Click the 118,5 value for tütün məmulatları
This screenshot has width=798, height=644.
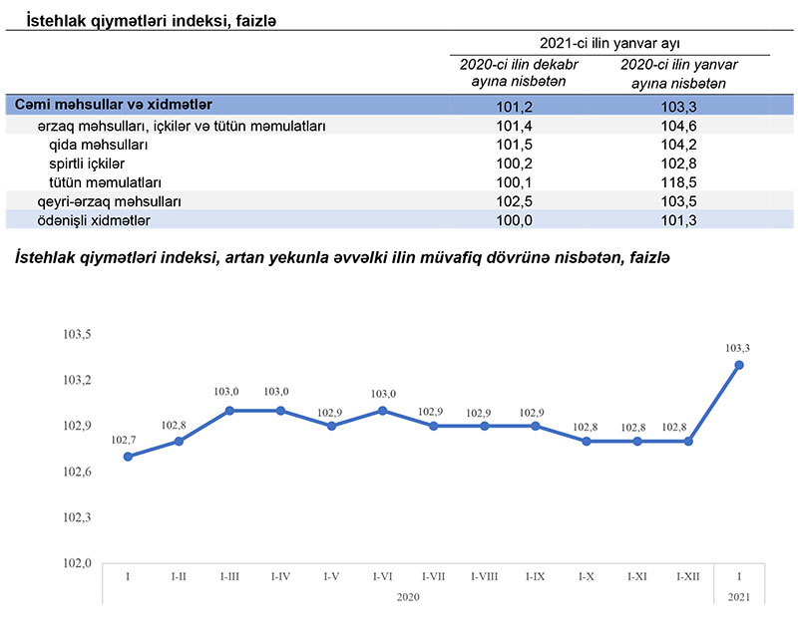(677, 183)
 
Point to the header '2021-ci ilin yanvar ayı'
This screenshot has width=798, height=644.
(609, 43)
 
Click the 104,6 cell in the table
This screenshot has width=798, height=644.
(677, 127)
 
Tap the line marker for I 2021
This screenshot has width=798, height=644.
(738, 365)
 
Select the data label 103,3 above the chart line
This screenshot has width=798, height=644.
(738, 348)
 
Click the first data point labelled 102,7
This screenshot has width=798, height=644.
(128, 457)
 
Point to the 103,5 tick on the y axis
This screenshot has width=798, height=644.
(77, 334)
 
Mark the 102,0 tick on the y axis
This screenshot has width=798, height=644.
(77, 563)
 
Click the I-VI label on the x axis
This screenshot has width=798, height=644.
(383, 576)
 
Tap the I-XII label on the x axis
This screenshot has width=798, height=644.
(688, 576)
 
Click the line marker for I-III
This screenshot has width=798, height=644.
(229, 411)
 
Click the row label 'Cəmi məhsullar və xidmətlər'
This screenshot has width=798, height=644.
(113, 105)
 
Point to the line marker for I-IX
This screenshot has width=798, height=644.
(536, 426)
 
